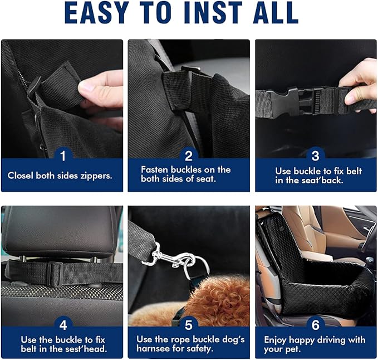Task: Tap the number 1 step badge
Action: [62, 156]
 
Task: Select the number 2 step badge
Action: [189, 156]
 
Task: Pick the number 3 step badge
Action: [315, 156]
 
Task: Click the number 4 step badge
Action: [62, 324]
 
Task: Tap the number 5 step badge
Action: [189, 324]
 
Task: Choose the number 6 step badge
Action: [315, 324]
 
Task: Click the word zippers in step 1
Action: [95, 175]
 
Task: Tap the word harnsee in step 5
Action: [155, 349]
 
